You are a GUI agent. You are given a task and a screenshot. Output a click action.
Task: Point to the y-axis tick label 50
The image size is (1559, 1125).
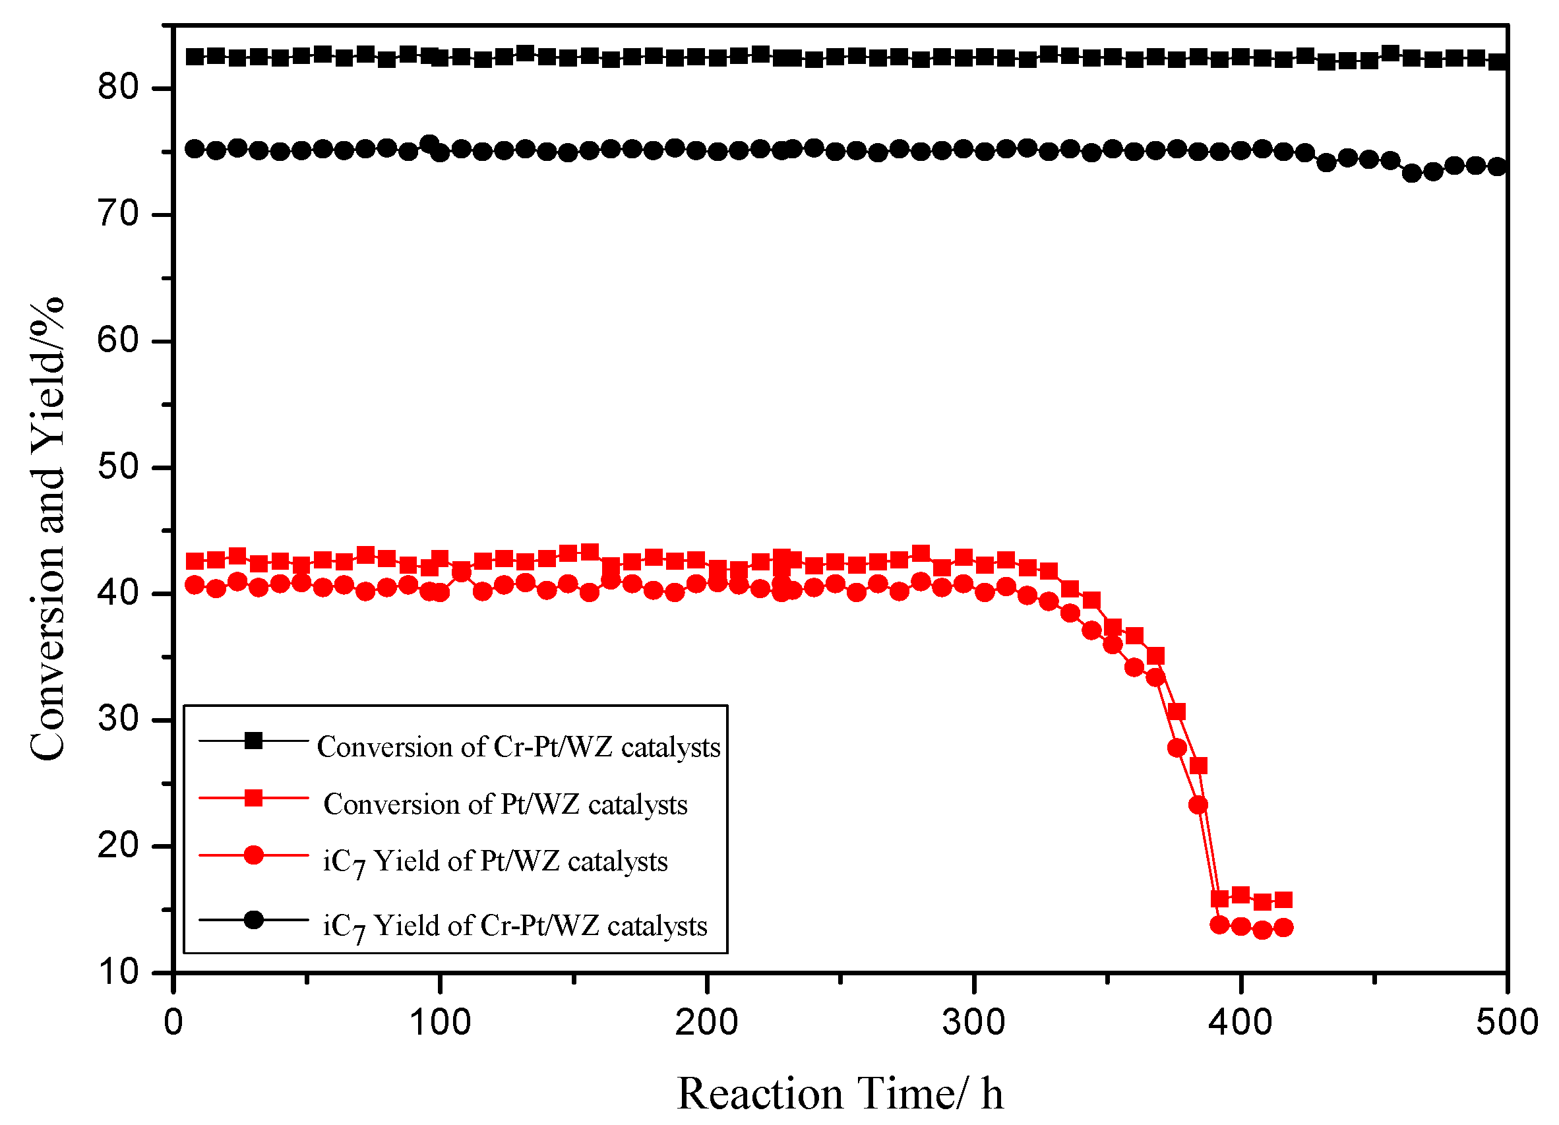coord(117,467)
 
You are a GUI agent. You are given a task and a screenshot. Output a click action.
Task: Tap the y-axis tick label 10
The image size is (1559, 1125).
coord(117,972)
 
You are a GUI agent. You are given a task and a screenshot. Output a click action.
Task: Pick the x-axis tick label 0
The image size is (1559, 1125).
coord(173,1023)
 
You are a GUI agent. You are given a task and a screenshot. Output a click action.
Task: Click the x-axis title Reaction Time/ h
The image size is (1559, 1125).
coord(840,1093)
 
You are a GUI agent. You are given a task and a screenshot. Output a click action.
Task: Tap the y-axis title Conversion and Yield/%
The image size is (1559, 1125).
coord(47,529)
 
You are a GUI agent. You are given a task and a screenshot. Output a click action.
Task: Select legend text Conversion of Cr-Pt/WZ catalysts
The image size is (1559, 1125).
coord(518,747)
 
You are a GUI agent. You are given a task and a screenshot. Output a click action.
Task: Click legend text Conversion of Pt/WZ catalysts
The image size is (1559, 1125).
coord(505,804)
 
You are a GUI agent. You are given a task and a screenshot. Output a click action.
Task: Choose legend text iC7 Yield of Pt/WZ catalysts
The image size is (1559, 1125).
coord(495,862)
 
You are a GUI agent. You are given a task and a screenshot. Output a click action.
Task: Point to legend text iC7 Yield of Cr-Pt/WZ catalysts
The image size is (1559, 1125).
coord(515,927)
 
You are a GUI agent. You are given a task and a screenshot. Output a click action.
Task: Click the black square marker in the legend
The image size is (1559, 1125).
coord(254,741)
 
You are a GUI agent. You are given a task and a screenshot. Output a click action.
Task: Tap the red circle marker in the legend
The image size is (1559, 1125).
coord(254,855)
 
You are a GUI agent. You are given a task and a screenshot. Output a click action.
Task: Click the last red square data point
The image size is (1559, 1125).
coord(1283,899)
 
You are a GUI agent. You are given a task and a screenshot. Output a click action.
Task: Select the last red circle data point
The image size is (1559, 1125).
coord(1283,927)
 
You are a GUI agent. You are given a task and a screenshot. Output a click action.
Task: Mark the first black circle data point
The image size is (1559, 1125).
coord(195,148)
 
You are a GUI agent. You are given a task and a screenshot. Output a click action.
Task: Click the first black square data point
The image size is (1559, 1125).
coord(195,56)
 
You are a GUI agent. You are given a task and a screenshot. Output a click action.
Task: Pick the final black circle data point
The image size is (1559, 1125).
coord(1496,166)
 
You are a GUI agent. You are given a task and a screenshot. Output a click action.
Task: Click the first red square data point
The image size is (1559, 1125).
coord(195,561)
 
